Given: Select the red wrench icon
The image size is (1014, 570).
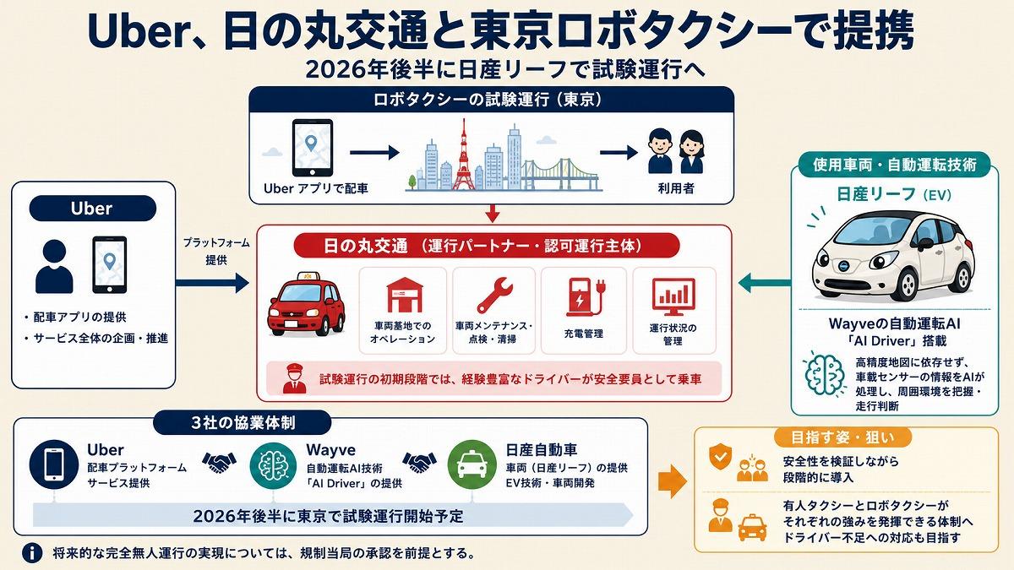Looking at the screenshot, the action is (x=495, y=296).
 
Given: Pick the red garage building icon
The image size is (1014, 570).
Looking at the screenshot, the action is (x=404, y=295).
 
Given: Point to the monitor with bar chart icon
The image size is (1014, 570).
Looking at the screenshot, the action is (x=673, y=296).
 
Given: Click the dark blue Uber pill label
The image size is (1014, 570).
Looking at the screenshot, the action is (x=93, y=209).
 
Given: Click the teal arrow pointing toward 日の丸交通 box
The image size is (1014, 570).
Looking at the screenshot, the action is (x=765, y=283).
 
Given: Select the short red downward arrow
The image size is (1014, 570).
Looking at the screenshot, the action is (x=492, y=213).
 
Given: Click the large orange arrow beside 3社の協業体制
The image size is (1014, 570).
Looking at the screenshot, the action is (x=673, y=480).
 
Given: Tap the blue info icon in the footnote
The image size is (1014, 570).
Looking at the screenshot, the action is (x=32, y=553).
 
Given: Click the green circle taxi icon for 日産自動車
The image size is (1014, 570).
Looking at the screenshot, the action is (x=472, y=464).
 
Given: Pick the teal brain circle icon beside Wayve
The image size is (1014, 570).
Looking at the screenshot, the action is (x=274, y=465).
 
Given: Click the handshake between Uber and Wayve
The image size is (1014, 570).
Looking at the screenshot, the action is (x=220, y=463).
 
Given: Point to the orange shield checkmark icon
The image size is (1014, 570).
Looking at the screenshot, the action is (x=720, y=457).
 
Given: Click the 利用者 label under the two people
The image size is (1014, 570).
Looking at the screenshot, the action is (x=676, y=188).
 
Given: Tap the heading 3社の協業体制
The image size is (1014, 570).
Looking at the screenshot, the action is (x=243, y=423).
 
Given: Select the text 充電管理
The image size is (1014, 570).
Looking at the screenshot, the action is (x=584, y=334).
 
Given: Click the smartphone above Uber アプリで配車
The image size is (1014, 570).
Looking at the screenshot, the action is (x=313, y=148).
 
